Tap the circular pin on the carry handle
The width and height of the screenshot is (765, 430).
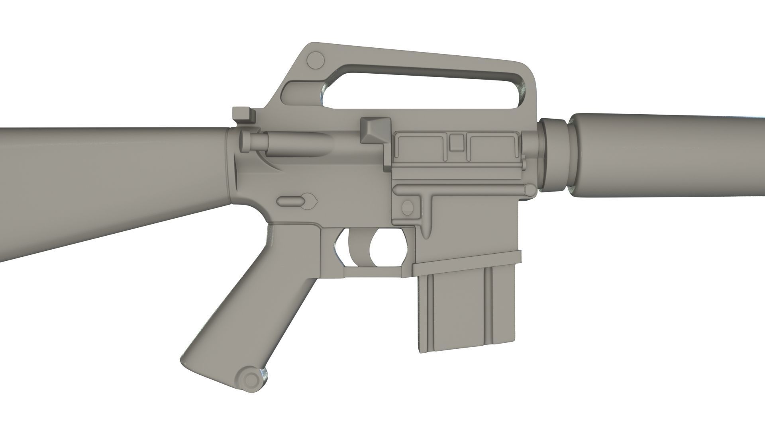pos(316,60)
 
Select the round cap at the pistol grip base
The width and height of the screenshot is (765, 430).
pos(251,378)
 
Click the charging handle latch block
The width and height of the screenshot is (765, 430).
pos(244,115)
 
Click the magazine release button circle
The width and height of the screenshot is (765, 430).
pos(408,207)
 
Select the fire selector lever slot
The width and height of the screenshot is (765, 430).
pos(297,200)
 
